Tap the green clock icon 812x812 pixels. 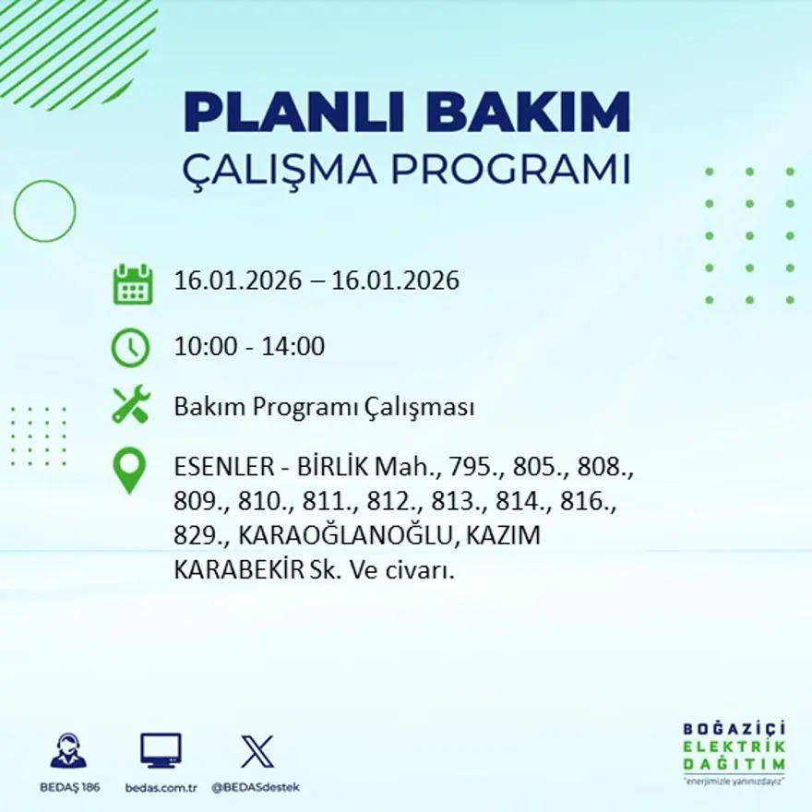[x=130, y=348]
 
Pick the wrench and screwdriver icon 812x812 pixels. [x=131, y=406]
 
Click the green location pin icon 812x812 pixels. [x=130, y=470]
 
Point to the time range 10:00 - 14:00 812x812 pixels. [x=249, y=348]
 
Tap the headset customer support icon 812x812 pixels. [x=68, y=751]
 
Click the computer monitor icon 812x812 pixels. [x=161, y=750]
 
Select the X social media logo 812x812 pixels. [x=256, y=750]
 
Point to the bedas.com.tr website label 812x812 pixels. [x=161, y=787]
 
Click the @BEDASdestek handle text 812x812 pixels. [x=256, y=787]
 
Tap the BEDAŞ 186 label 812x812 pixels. [x=69, y=787]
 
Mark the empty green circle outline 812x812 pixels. [x=44, y=211]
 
